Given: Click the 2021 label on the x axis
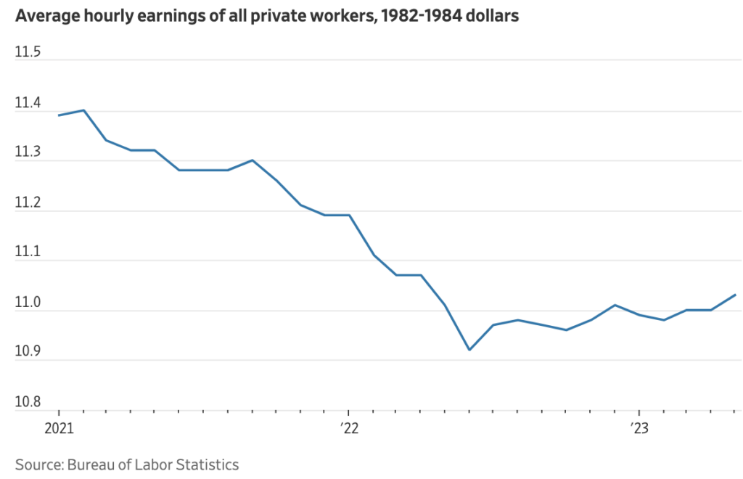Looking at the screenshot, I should pos(59,429).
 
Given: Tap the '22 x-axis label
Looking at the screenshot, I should pos(349,429).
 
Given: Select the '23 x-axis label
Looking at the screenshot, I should pos(639,429).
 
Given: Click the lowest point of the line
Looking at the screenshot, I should pos(469,350).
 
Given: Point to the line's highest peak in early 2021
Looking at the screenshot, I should pos(83,110).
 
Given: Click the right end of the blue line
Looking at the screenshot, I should pos(735,295).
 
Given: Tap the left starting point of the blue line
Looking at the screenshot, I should pos(59,115).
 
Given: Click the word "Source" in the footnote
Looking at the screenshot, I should pos(38,464).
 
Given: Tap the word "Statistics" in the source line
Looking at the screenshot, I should pos(206,464).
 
